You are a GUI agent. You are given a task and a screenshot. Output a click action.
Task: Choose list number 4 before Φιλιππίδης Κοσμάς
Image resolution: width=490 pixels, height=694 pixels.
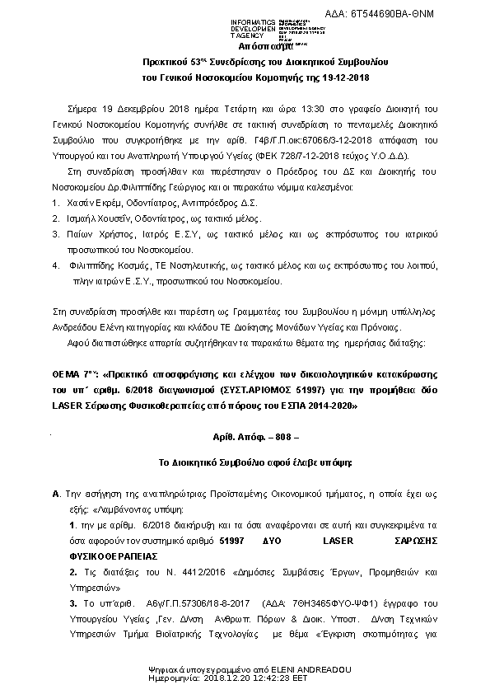(55, 265)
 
